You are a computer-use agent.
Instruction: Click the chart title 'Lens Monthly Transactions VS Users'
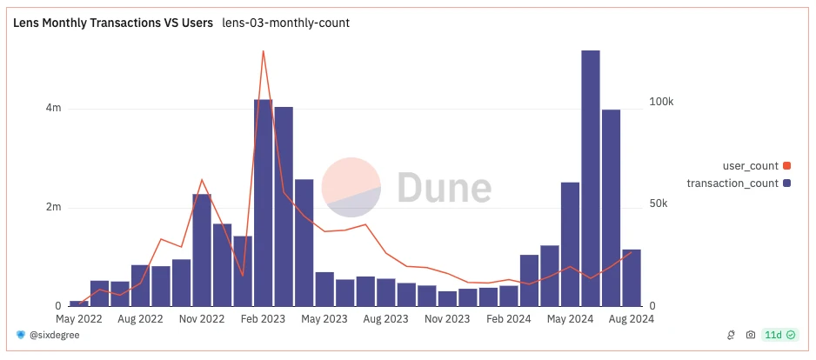point(113,23)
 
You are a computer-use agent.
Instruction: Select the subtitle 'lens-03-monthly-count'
point(285,23)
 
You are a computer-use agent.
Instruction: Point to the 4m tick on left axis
point(54,109)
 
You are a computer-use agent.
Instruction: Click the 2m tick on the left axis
point(54,208)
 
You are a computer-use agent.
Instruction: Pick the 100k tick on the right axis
point(662,103)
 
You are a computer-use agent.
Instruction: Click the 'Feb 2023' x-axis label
point(263,319)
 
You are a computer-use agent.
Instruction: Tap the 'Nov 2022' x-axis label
point(202,319)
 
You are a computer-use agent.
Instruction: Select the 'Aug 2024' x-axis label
point(631,319)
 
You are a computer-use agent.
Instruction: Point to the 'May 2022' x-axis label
point(79,319)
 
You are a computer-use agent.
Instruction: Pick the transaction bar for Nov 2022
point(202,252)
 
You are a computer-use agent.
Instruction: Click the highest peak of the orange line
point(263,51)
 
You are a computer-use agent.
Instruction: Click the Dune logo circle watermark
point(351,187)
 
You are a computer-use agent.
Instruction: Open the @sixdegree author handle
point(54,335)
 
